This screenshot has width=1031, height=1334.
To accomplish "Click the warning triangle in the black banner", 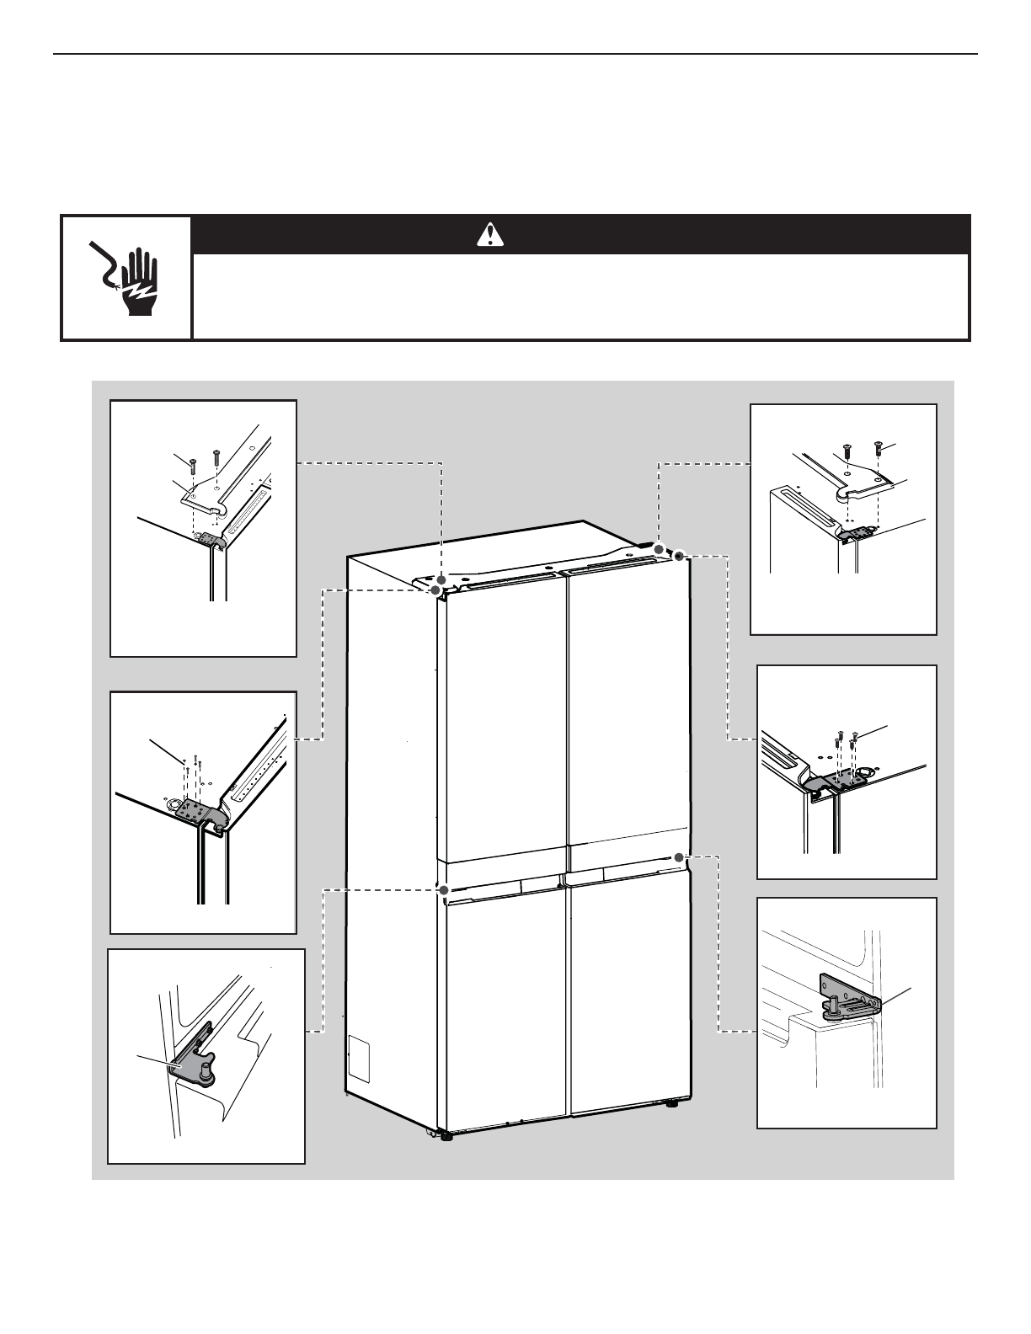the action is coord(489,235).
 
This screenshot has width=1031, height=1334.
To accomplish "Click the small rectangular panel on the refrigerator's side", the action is coord(360,1059).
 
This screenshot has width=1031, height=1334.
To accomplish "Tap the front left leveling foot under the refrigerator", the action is coord(445,1134).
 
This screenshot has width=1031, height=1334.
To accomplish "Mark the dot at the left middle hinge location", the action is coord(443,888).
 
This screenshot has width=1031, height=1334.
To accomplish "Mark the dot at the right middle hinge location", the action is coord(678,857).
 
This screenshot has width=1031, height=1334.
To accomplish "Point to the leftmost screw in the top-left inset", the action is coord(193,464).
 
